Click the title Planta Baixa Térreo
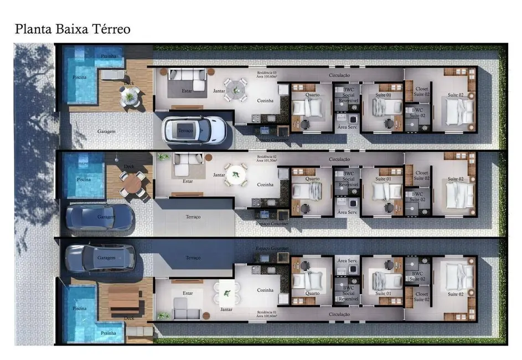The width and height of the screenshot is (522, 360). [73, 29]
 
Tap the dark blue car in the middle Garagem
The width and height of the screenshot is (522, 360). [100, 217]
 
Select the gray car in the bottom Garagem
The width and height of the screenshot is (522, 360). [100, 258]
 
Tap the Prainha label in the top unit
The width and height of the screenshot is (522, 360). [108, 56]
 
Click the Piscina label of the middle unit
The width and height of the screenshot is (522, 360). [84, 179]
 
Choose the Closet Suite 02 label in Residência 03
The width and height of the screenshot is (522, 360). [422, 92]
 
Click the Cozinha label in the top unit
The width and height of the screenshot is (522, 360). [266, 101]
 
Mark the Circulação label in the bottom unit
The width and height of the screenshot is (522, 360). [339, 314]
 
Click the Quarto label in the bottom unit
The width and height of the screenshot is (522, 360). [313, 293]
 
